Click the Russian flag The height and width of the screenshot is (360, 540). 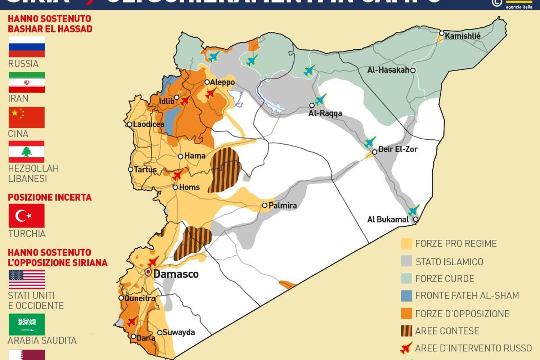(27, 47)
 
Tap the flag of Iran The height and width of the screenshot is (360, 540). (27, 82)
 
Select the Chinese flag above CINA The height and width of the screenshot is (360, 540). (27, 117)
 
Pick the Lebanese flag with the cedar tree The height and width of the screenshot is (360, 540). (27, 152)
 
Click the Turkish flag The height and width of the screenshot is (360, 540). (27, 216)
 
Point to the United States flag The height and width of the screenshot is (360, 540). (27, 279)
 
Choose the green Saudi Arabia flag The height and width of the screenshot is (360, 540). (27, 324)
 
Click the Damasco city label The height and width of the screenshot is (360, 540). (176, 274)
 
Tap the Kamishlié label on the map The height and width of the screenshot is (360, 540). (462, 36)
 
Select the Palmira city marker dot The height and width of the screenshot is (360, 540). (265, 205)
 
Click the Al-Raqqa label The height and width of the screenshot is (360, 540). (325, 113)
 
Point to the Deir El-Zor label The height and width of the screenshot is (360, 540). (397, 149)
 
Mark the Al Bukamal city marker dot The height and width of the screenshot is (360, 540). (416, 219)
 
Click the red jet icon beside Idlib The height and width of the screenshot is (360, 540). (185, 100)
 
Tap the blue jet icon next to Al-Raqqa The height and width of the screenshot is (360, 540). (320, 99)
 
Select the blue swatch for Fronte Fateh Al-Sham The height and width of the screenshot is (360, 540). (406, 296)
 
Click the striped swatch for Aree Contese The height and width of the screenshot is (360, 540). (406, 331)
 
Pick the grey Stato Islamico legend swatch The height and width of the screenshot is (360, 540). (406, 261)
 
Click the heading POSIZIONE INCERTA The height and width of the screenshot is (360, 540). (50, 197)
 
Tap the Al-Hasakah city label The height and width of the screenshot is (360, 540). (388, 70)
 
